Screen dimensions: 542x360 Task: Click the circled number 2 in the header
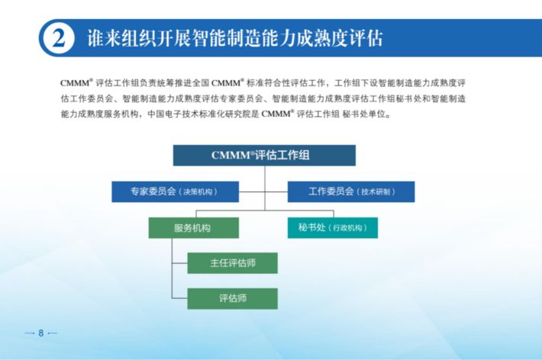click(x=59, y=37)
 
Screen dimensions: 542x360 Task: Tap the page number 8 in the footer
click(x=40, y=333)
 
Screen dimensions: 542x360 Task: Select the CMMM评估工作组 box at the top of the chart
click(x=264, y=155)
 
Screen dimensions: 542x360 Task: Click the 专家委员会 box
click(x=175, y=191)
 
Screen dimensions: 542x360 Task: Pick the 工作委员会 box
click(x=351, y=191)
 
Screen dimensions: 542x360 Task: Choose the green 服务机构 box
click(x=194, y=228)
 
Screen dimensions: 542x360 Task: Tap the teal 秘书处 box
click(x=333, y=228)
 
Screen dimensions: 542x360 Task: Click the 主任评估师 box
click(x=232, y=263)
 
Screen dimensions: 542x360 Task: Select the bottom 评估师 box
click(x=232, y=298)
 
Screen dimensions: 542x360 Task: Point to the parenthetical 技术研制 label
click(x=376, y=192)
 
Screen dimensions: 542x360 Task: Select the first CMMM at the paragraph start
click(x=75, y=83)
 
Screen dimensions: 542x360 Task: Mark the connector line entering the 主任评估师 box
click(x=179, y=263)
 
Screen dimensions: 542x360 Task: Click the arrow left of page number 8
click(x=30, y=333)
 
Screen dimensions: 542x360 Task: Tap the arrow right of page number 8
click(x=52, y=333)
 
